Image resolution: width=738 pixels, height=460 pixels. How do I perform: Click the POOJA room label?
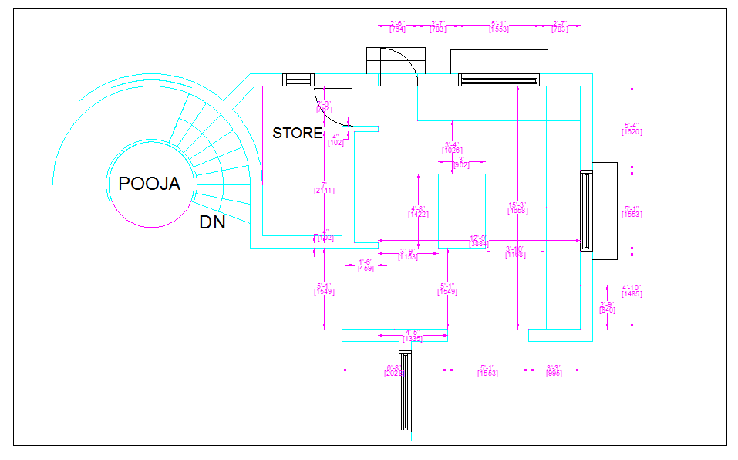tap(149, 184)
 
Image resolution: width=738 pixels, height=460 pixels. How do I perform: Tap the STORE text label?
tap(297, 133)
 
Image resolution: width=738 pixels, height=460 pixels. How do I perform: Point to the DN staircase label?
tap(213, 223)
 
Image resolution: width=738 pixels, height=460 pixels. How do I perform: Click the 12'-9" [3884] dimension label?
tap(479, 242)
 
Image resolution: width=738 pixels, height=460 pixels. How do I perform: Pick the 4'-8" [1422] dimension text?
tap(418, 212)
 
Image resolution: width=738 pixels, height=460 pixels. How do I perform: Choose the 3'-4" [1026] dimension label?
tap(452, 147)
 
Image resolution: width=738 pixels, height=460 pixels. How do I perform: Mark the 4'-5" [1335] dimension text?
tap(413, 336)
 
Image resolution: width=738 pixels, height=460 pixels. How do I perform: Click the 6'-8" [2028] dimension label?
tap(393, 370)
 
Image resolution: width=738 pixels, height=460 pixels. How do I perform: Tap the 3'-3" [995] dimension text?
tap(554, 370)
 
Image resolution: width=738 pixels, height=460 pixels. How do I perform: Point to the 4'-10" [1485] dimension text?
tap(632, 291)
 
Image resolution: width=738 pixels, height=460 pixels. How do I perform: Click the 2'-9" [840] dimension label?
tap(608, 307)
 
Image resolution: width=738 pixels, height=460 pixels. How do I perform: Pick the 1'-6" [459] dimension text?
tap(366, 265)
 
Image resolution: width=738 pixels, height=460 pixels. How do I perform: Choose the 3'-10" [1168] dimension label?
tap(515, 252)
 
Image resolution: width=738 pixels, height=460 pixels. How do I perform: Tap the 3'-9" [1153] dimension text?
tap(408, 253)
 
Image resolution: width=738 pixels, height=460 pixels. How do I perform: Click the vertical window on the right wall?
tap(585, 210)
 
